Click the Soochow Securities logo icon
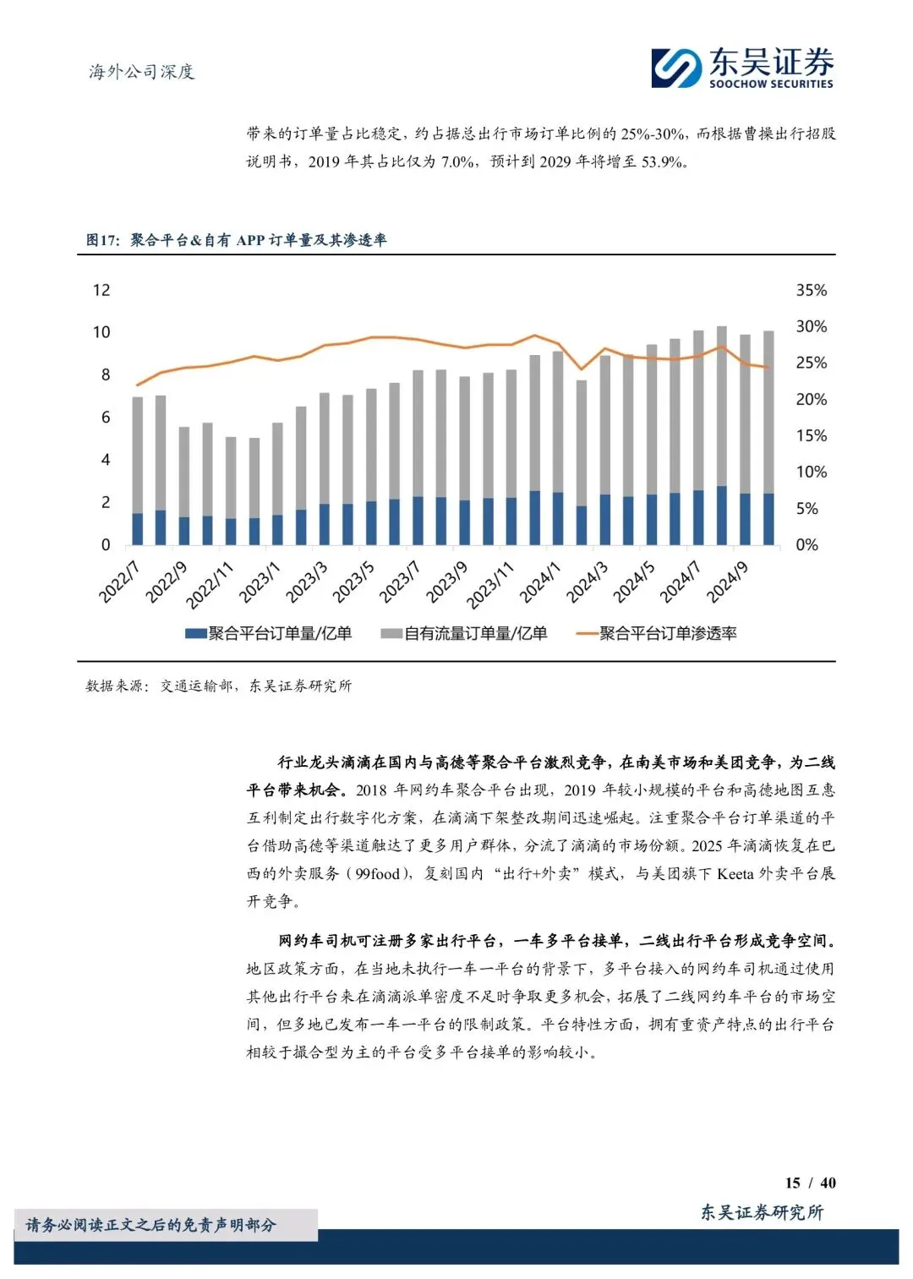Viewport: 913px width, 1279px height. [676, 68]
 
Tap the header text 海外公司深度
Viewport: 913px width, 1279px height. [142, 72]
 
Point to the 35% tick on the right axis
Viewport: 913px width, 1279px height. [811, 290]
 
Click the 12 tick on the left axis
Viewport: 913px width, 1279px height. [101, 290]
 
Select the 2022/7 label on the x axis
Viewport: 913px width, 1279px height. [118, 582]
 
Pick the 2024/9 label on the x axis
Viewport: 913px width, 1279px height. [727, 582]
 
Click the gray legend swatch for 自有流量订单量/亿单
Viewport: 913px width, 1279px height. [391, 633]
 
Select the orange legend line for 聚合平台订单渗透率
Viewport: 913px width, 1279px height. [586, 633]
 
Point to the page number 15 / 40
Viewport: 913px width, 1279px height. [810, 1183]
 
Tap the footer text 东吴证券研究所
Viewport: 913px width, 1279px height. [762, 1212]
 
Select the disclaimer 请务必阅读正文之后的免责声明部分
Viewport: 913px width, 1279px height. [151, 1225]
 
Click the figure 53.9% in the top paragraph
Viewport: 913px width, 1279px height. [662, 161]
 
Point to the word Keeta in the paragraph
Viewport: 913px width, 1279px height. [735, 873]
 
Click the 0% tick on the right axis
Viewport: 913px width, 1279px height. [806, 545]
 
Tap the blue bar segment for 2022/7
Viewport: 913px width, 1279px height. [138, 528]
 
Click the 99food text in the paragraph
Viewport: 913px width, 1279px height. [377, 873]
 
